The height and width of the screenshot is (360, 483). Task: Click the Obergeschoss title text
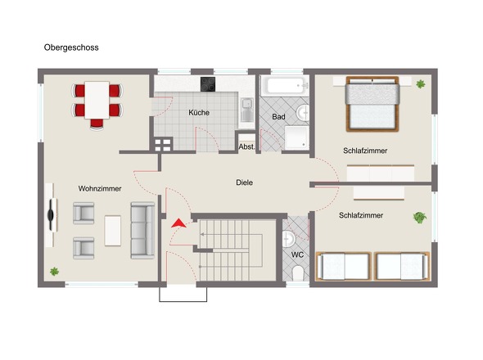[x=71, y=47]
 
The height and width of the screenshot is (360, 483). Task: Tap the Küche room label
[x=199, y=112]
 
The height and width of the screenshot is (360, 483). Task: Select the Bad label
[x=278, y=117]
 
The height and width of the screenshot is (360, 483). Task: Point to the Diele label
[x=244, y=182]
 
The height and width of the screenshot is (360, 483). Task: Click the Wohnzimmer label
[x=100, y=188]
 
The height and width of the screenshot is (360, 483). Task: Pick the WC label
[x=297, y=254]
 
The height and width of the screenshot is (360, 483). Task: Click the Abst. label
[x=246, y=147]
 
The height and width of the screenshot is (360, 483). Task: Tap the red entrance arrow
[x=178, y=223]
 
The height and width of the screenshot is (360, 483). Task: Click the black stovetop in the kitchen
[x=208, y=84]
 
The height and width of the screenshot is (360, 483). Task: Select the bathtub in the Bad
[x=285, y=86]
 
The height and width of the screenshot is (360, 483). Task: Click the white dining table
[x=97, y=100]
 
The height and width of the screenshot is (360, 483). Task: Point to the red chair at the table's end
[x=97, y=124]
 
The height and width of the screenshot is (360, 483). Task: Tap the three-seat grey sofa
[x=142, y=231]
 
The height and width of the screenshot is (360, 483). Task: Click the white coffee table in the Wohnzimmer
[x=113, y=231]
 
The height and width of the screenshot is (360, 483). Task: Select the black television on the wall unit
[x=51, y=215]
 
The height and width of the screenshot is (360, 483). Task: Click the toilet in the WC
[x=298, y=273]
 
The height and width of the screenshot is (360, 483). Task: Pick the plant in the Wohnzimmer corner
[x=55, y=272]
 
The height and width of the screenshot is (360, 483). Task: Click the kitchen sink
[x=246, y=110]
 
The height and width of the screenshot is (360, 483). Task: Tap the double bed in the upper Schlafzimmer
[x=372, y=104]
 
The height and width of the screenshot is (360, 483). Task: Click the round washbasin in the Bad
[x=303, y=113]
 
